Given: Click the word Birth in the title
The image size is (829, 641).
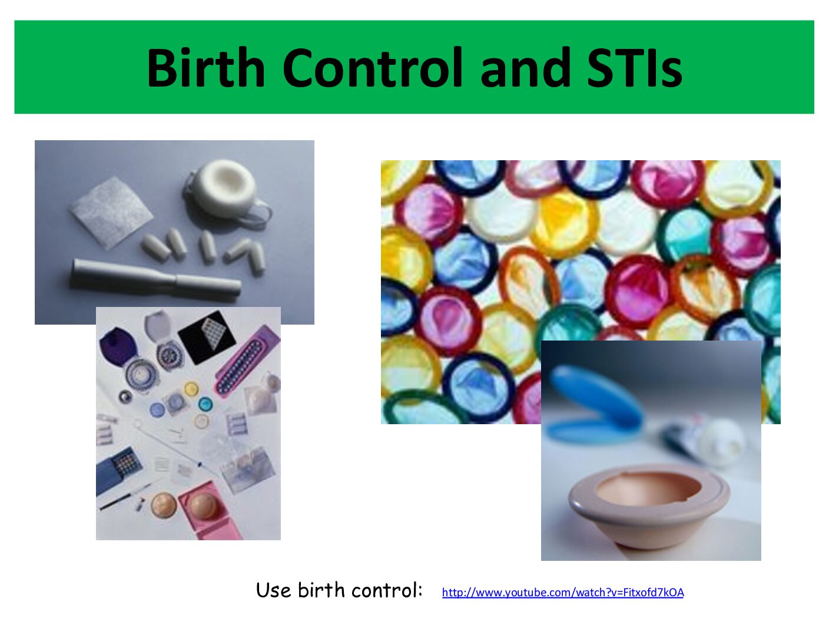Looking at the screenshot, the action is pyautogui.click(x=205, y=68).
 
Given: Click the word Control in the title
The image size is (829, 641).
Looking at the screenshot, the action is pyautogui.click(x=372, y=68).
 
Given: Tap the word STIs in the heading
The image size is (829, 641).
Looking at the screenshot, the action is pyautogui.click(x=635, y=68).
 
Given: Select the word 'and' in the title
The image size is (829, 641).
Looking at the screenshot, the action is pyautogui.click(x=525, y=68).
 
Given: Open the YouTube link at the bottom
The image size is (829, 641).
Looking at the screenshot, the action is pyautogui.click(x=563, y=592).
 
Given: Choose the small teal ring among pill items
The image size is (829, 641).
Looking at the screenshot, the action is pyautogui.click(x=205, y=404).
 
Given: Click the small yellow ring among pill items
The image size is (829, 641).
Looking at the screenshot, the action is pyautogui.click(x=191, y=389).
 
